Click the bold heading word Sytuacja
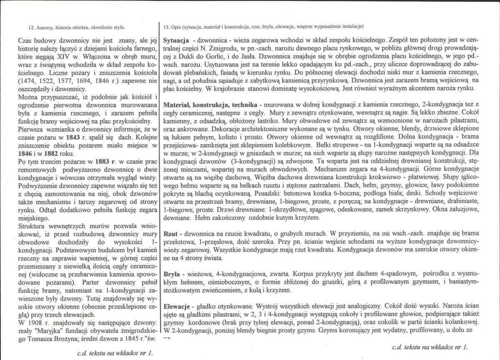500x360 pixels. [177, 41]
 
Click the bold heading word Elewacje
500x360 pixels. [178, 305]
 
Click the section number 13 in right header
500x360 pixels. [166, 27]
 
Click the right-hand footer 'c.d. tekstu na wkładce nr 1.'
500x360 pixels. [430, 346]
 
